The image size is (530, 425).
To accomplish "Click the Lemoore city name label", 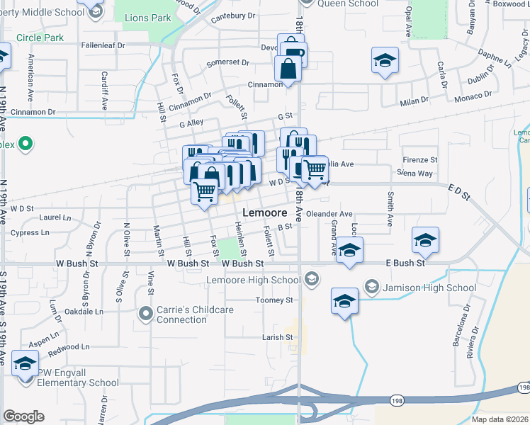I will coord(264,212).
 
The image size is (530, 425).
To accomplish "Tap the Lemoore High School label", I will coord(254,280).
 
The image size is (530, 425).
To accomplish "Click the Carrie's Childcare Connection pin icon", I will coord(146,312).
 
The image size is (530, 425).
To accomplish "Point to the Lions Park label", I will coord(148,18).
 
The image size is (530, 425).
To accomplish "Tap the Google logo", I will coord(23,416).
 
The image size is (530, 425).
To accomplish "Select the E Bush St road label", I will coord(405,263).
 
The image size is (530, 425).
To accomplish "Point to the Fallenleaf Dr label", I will coord(103,45).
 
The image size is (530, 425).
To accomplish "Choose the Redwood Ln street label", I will coord(69,347).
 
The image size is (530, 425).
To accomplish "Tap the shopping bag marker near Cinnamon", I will coord(288,69).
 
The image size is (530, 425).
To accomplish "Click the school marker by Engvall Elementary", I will coord(26,364).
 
